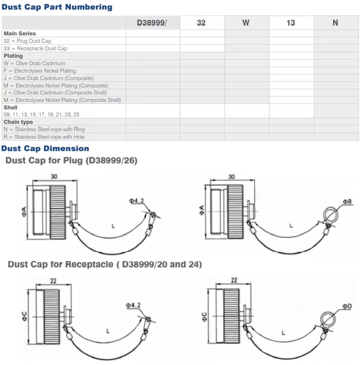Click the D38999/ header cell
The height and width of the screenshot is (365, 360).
[x=153, y=23]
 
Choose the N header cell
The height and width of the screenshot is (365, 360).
[x=336, y=23]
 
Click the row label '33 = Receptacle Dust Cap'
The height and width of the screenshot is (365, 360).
[x=36, y=48]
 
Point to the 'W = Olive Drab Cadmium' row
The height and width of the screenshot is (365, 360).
[x=35, y=63]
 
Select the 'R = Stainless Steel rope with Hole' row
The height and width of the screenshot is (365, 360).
[x=44, y=137]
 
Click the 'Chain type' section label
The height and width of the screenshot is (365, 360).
[x=18, y=122]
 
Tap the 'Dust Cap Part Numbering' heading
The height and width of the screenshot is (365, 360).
[x=57, y=7]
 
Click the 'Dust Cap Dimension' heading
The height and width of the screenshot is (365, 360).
[x=45, y=149]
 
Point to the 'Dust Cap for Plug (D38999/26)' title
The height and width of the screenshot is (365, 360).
[x=72, y=161]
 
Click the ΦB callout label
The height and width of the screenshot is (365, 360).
[x=347, y=202]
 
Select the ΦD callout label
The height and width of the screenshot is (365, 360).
[x=347, y=306]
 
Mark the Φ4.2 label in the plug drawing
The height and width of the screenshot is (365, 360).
[x=136, y=201]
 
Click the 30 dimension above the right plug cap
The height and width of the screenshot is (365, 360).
[x=232, y=177]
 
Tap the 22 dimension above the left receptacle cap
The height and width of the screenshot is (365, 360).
[x=53, y=281]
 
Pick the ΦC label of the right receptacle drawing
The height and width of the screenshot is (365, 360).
[x=204, y=317]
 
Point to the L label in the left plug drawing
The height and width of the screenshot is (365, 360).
[x=113, y=226]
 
